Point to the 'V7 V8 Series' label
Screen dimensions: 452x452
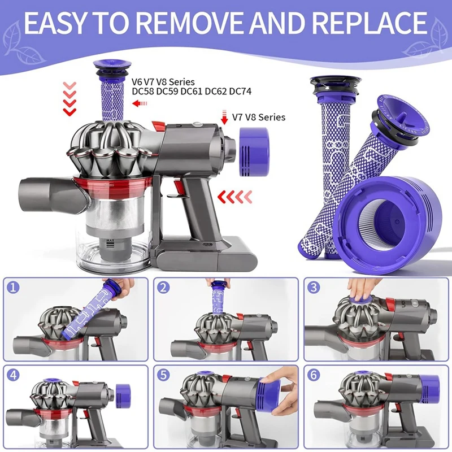click(259, 118)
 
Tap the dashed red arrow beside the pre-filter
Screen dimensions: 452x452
click(140, 103)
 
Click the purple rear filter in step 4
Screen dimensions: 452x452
click(123, 393)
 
